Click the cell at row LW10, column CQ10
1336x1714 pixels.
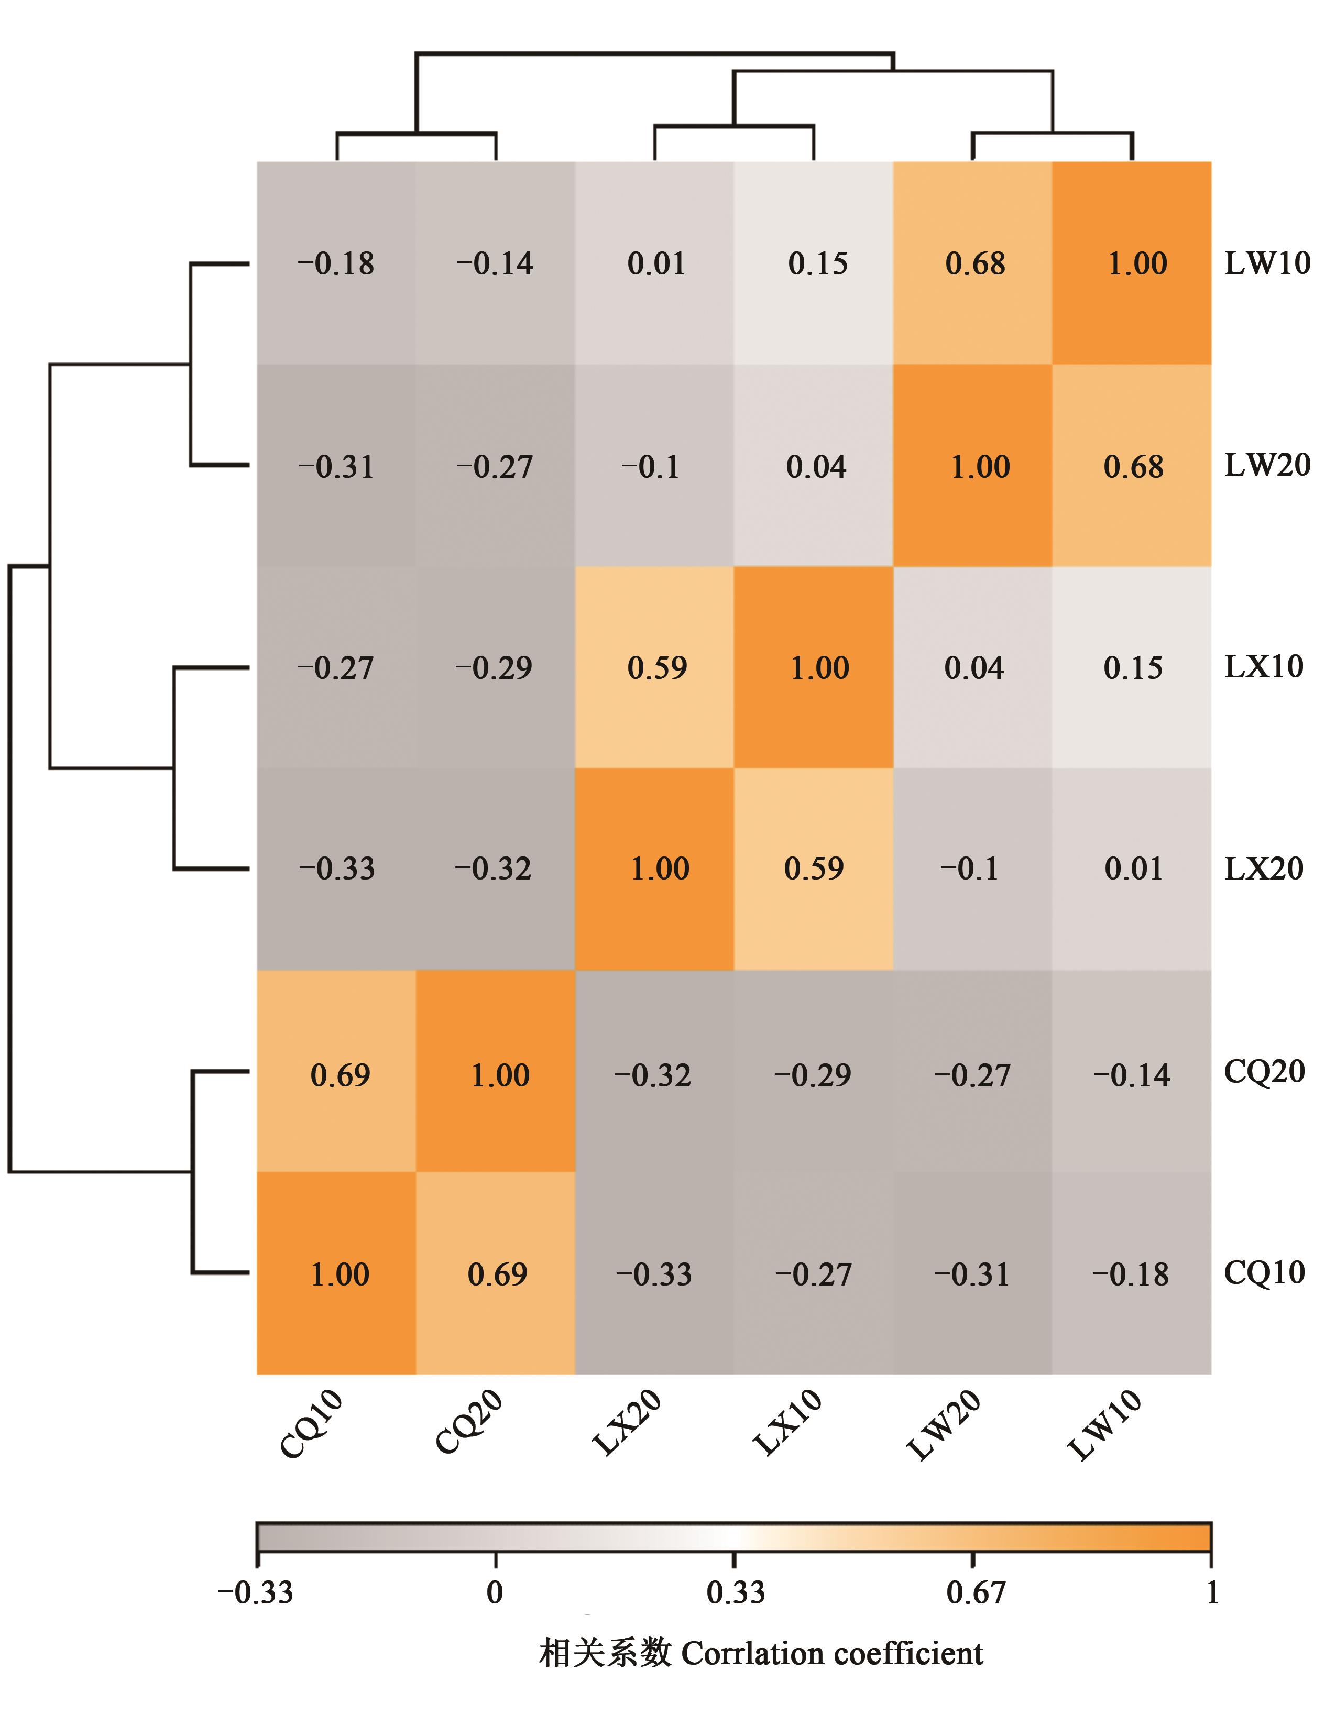click(336, 263)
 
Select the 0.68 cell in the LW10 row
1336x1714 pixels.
click(973, 263)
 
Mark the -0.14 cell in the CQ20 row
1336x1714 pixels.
click(1132, 1074)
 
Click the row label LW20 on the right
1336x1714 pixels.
click(1267, 465)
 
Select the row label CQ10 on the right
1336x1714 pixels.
click(1264, 1272)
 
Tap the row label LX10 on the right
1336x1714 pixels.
click(1264, 667)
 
